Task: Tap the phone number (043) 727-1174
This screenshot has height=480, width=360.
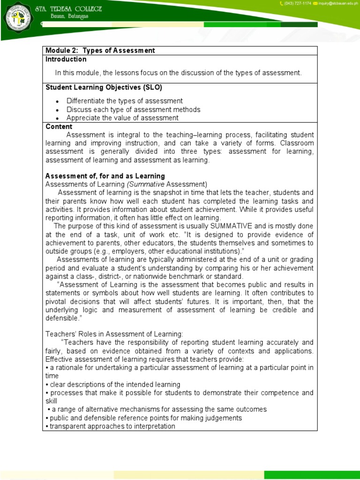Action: pyautogui.click(x=297, y=4)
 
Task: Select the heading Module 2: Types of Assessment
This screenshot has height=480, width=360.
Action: pyautogui.click(x=100, y=51)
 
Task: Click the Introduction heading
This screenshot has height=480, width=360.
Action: pyautogui.click(x=66, y=60)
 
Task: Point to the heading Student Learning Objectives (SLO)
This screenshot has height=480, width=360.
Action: pyautogui.click(x=104, y=88)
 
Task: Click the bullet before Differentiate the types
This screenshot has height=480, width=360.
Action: pyautogui.click(x=57, y=101)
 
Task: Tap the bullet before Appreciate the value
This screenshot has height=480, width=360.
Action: pyautogui.click(x=57, y=118)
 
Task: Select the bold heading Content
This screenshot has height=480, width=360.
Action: pyautogui.click(x=59, y=127)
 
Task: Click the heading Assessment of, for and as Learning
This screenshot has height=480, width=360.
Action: pyautogui.click(x=105, y=176)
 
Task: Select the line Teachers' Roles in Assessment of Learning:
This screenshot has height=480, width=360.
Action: pyautogui.click(x=114, y=334)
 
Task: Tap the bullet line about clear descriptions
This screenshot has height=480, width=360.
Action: pyautogui.click(x=112, y=384)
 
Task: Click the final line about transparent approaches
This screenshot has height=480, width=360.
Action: pyautogui.click(x=111, y=426)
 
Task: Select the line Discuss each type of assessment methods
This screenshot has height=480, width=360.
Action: pyautogui.click(x=133, y=110)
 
